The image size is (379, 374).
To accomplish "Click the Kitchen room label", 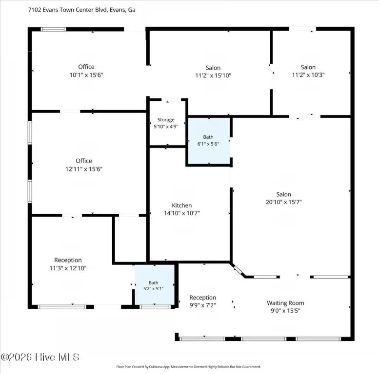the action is (182, 206).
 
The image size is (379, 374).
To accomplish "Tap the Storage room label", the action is (166, 120).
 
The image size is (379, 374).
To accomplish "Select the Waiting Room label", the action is (285, 303).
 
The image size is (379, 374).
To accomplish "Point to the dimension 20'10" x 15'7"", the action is (284, 202).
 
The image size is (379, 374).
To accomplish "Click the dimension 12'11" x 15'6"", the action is (84, 169).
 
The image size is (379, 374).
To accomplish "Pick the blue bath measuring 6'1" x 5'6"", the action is (209, 140).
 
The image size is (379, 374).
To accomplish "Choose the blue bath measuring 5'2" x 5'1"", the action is (155, 285).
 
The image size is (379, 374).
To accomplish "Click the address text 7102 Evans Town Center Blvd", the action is (68, 10).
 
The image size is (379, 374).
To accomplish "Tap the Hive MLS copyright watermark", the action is (40, 357).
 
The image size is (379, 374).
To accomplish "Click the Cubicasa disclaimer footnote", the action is (189, 367).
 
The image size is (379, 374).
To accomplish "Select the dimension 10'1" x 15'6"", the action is (86, 75).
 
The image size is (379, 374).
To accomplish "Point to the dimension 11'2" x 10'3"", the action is (308, 75).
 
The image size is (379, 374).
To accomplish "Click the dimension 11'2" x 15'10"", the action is (213, 75).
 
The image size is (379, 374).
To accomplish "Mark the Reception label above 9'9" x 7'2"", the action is (202, 298).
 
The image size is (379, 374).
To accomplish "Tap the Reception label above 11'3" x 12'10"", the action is (68, 260).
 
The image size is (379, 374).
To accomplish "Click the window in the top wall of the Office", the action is (53, 29).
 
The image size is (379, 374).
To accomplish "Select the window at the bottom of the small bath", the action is (155, 307).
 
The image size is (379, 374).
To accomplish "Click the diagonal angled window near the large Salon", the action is (239, 270).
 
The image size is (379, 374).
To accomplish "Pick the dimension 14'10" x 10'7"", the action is (182, 213).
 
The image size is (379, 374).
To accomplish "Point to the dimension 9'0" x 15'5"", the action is (285, 311).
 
